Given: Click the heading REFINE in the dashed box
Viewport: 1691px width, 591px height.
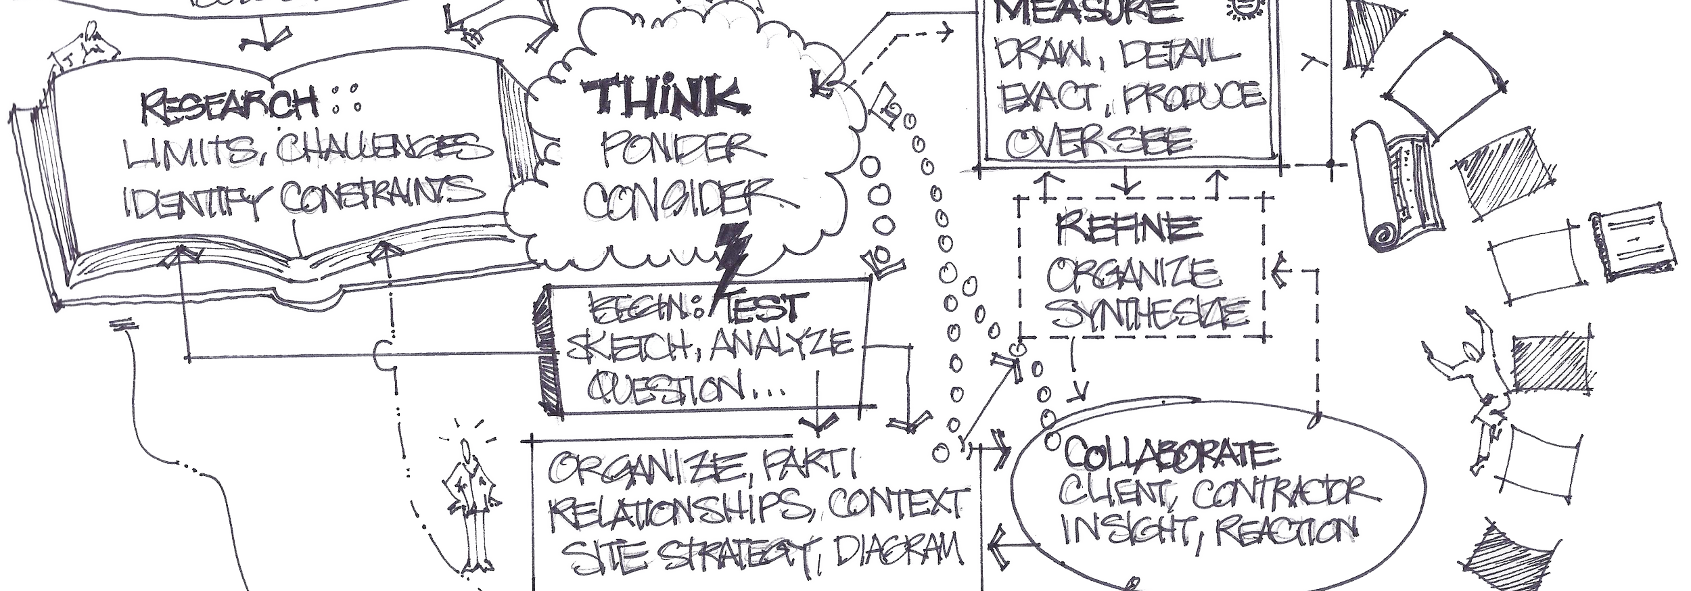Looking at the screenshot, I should point(1128,228).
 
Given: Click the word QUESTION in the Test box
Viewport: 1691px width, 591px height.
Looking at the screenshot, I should point(663,388).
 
